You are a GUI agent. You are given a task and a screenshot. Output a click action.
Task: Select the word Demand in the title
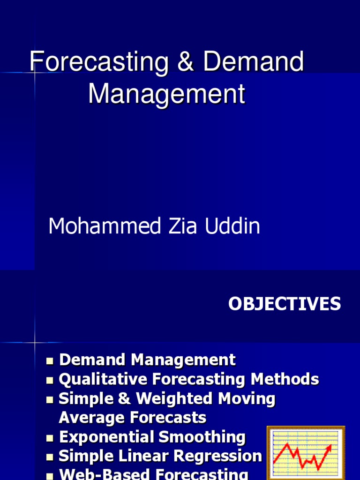tap(254, 63)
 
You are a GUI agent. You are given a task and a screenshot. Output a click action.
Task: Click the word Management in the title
tap(166, 94)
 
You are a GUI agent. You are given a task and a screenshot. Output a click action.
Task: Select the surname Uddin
tap(232, 226)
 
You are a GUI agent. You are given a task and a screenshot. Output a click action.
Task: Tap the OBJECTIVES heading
tap(285, 304)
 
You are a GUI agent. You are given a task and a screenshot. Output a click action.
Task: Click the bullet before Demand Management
tap(50, 361)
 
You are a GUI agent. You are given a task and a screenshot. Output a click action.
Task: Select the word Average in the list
tap(91, 417)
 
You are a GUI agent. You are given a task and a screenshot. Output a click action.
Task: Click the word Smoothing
tap(202, 437)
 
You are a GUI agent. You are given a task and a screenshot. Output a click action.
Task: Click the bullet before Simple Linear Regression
tap(50, 457)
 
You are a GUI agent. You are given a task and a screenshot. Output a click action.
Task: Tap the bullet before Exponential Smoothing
tap(50, 438)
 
